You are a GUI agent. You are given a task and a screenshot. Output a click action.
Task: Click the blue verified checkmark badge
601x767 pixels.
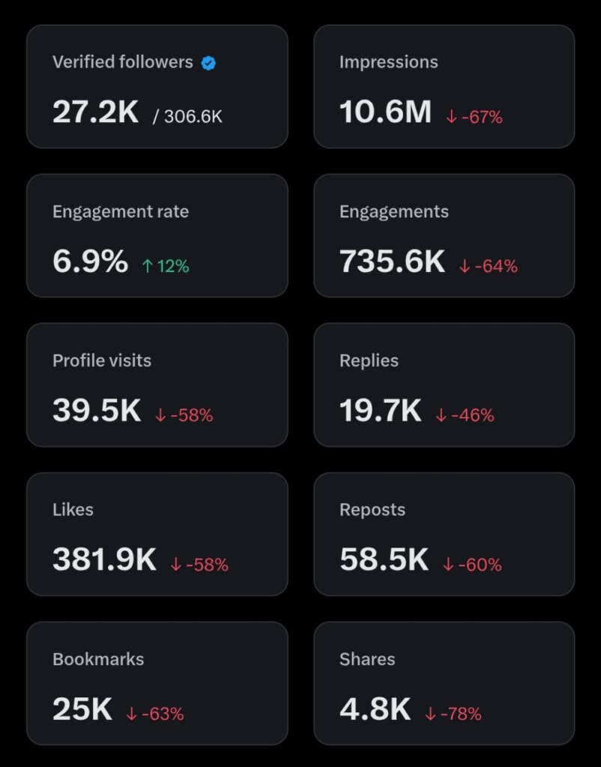[x=209, y=64]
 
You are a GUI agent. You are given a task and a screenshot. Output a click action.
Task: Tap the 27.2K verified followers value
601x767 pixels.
[x=95, y=112]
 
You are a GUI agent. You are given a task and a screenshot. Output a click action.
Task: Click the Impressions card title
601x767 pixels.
[x=388, y=62]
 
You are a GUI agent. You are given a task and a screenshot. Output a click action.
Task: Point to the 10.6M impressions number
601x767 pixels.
[x=385, y=112]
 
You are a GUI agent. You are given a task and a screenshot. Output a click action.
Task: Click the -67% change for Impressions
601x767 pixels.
[x=474, y=117]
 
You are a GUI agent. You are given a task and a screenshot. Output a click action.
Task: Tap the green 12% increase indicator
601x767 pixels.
[x=166, y=266]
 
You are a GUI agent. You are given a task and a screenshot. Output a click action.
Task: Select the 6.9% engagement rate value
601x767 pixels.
[x=90, y=261]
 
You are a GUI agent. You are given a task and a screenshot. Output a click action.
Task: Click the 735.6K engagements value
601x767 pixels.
[x=392, y=261]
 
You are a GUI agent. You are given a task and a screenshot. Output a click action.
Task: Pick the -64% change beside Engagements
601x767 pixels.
[x=488, y=266]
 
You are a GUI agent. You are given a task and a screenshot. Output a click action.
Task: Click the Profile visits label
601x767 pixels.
[x=102, y=360]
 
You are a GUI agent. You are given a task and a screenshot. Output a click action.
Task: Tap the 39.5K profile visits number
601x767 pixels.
[x=97, y=410]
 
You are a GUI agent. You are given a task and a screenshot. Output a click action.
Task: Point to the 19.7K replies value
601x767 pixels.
[x=380, y=410]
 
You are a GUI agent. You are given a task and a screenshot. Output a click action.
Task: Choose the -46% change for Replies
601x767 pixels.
[x=465, y=415]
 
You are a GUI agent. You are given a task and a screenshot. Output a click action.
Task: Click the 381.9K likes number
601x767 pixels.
[x=104, y=560]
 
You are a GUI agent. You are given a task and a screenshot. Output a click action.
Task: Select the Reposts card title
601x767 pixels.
[x=372, y=509]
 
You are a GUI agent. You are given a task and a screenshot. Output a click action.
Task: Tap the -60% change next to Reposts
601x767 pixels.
[x=472, y=565]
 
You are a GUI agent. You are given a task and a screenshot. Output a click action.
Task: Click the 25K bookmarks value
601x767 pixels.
[x=82, y=709]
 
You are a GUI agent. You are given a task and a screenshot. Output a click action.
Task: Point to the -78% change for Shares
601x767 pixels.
[x=453, y=714]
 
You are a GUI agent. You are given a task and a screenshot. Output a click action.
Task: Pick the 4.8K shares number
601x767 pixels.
[x=375, y=709]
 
